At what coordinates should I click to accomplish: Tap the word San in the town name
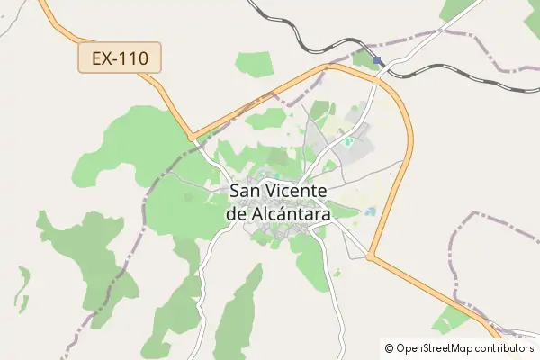(x=247, y=191)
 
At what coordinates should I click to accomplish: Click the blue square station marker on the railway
(x=377, y=61)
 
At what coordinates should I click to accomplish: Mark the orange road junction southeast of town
(x=370, y=257)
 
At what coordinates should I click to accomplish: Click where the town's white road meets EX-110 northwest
(x=192, y=139)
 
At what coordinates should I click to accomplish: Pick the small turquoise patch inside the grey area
(x=347, y=141)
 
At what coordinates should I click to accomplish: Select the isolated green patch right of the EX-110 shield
(x=254, y=63)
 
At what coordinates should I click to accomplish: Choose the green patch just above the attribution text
(x=451, y=319)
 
